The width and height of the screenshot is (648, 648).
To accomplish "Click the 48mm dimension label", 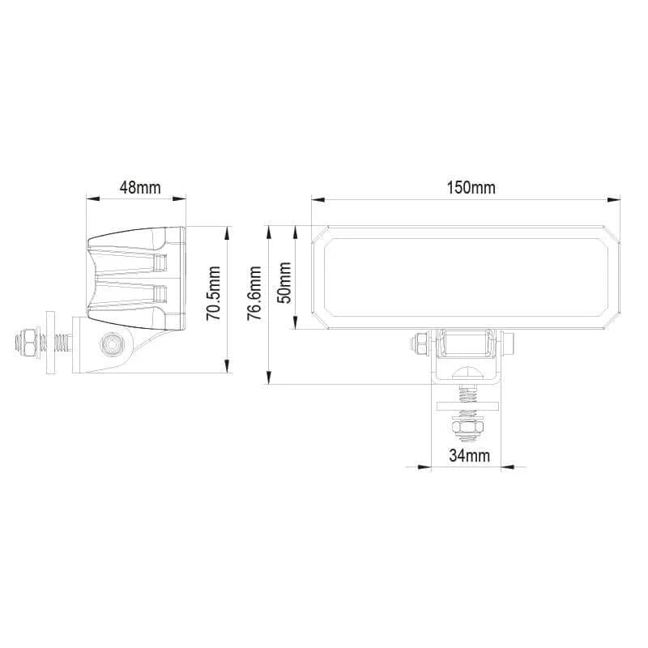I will coord(139,187).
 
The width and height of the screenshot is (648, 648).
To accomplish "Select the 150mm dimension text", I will coord(471,187).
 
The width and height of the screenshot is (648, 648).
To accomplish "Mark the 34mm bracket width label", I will coord(471,456).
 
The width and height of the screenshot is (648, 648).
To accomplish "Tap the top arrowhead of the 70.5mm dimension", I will coord(228,231).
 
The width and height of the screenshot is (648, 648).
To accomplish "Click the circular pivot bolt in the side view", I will coord(111,344).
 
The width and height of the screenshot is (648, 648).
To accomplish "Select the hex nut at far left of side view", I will coord(26,344).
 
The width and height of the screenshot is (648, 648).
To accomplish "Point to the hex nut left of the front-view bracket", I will coord(420,343).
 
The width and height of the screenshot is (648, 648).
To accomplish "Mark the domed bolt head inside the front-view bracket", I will coord(467,373).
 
